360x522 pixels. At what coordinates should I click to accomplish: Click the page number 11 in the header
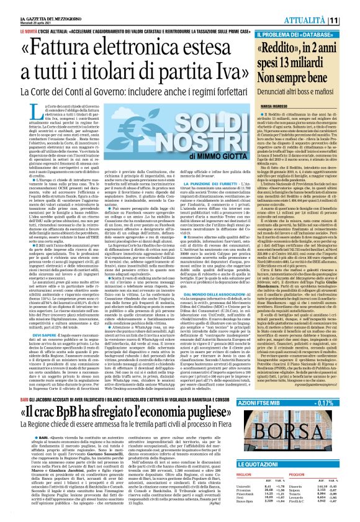coord(351,20)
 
